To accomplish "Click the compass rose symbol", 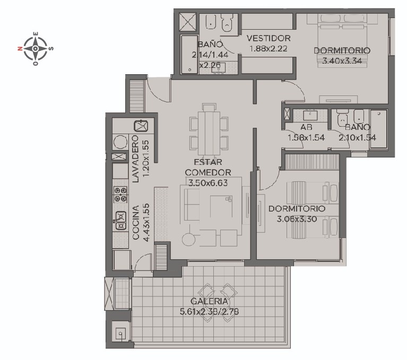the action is [x=36, y=48].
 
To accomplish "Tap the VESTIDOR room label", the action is [x=269, y=38].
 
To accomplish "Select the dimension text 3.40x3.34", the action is [x=342, y=61].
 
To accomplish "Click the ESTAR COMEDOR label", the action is [x=208, y=168].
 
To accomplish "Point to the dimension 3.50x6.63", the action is [x=208, y=183].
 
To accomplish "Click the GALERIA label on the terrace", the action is [x=209, y=301].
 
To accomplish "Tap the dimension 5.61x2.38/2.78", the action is [x=209, y=311].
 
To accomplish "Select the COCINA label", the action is [x=136, y=222].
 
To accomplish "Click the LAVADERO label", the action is [x=135, y=159].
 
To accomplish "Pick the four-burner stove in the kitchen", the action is [x=120, y=195].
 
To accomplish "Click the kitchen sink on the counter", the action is [x=120, y=221].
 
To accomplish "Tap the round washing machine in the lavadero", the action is [x=120, y=142].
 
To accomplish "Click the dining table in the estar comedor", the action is [x=209, y=133].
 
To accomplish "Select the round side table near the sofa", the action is [x=188, y=239].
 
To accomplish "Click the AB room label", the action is [x=306, y=127].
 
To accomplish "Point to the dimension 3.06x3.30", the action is [x=297, y=219].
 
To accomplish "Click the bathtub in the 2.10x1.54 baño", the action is [x=378, y=129].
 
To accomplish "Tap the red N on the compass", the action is [x=20, y=48].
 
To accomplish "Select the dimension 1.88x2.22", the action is [x=269, y=48].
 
